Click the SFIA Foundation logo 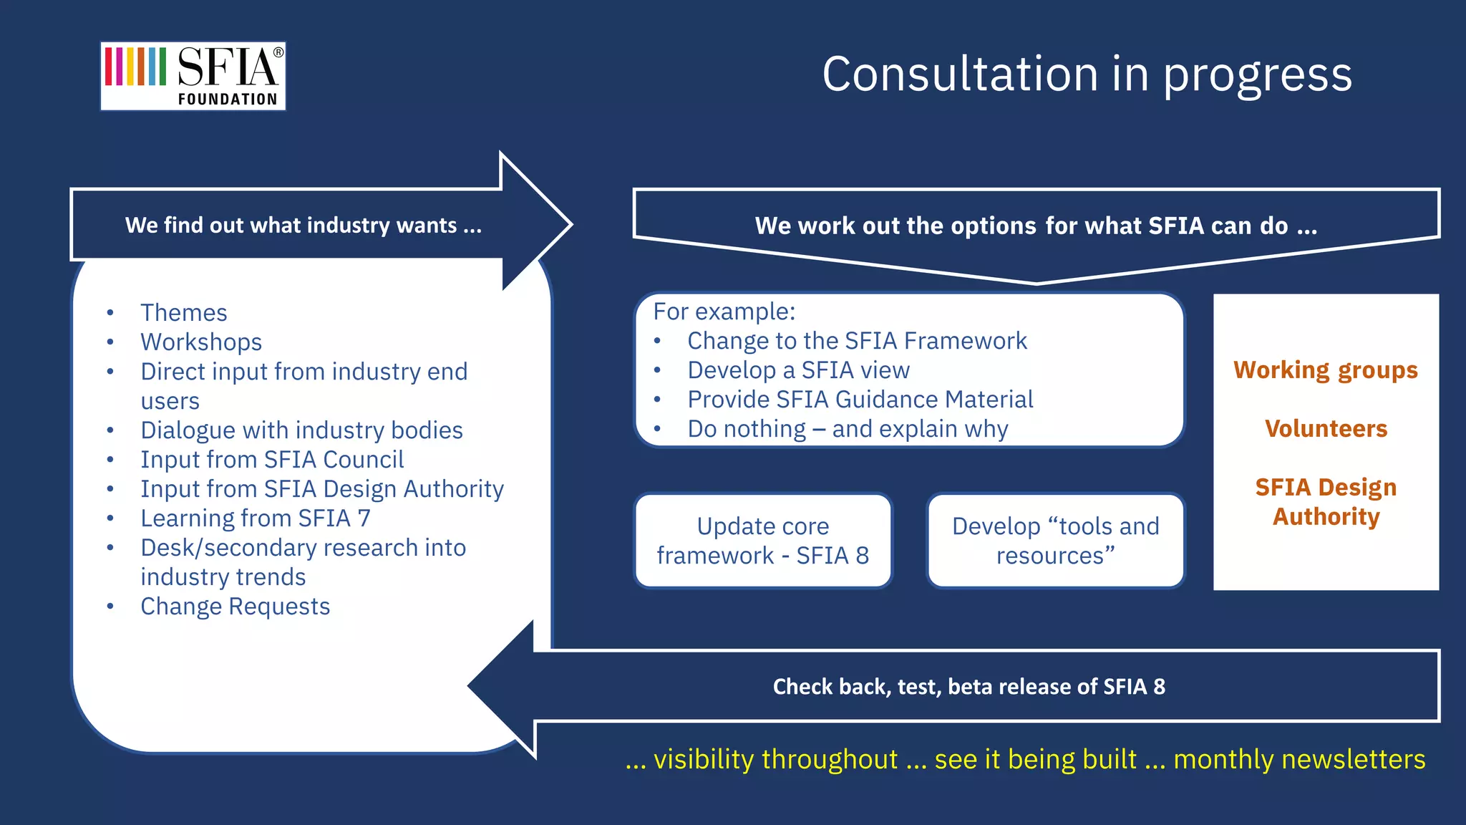click(193, 76)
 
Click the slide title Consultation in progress click(1087, 74)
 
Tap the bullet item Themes click(184, 313)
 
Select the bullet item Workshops click(201, 342)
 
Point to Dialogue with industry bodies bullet click(301, 430)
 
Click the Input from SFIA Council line click(272, 460)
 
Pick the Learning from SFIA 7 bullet click(256, 518)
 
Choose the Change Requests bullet click(235, 607)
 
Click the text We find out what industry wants click(304, 226)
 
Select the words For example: click(724, 312)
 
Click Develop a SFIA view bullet click(798, 370)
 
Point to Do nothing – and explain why click(848, 429)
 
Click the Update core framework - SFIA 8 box click(763, 541)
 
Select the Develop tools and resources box click(1055, 541)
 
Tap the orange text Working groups click(1325, 370)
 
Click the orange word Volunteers click(1326, 429)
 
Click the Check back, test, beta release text click(969, 687)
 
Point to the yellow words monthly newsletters click(1298, 759)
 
